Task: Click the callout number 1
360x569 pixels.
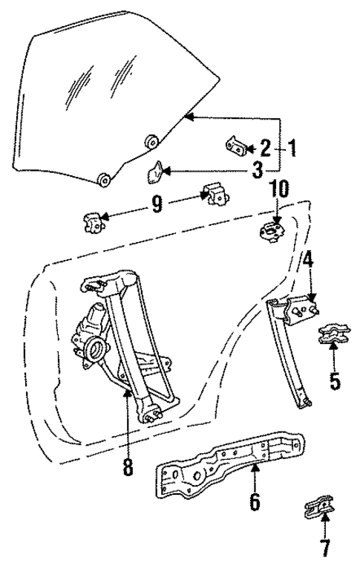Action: [x=292, y=149]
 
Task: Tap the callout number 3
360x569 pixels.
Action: [x=256, y=171]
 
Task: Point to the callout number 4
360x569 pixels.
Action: [x=308, y=260]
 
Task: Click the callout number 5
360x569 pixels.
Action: [x=335, y=381]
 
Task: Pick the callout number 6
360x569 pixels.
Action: [x=255, y=502]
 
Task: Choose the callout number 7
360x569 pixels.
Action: [x=324, y=549]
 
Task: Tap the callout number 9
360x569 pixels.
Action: [x=156, y=204]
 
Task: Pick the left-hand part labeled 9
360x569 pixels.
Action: [x=94, y=221]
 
